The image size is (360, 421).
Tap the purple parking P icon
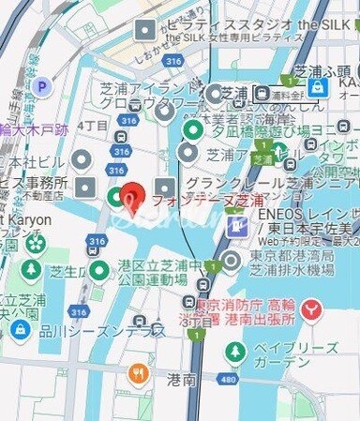(x=41, y=87)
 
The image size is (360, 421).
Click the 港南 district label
(x=181, y=379)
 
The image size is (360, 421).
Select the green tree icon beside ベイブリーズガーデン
(x=235, y=353)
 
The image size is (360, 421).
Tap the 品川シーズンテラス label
(x=103, y=331)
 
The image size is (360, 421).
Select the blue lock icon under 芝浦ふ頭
(x=318, y=86)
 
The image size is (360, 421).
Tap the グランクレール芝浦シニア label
(x=272, y=182)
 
